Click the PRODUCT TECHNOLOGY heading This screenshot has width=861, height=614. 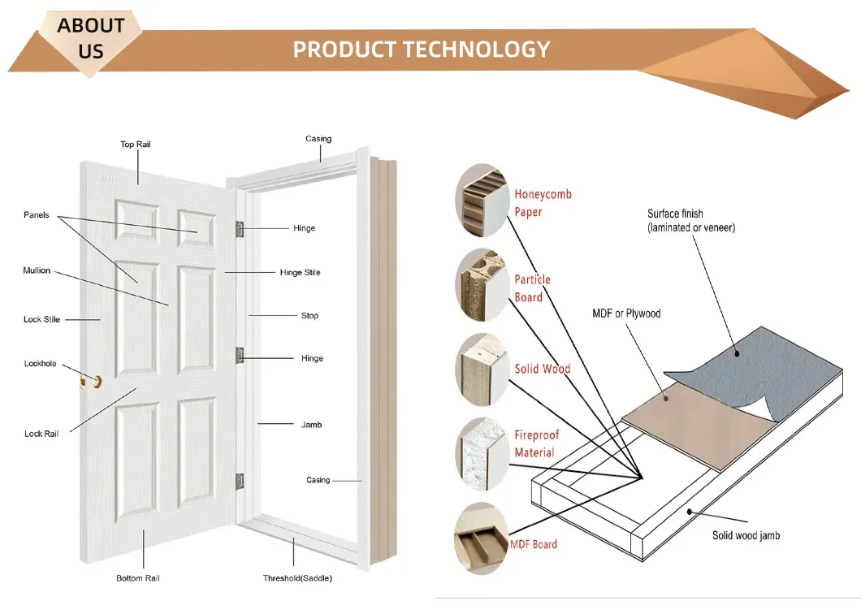coord(421,50)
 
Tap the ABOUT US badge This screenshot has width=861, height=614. coord(91,38)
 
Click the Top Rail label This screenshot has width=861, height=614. coord(136,145)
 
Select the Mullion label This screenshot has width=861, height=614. coord(37,270)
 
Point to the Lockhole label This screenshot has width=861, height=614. coord(40,364)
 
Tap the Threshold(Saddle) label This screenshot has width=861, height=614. coord(297,578)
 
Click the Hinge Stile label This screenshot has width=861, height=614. coord(300,272)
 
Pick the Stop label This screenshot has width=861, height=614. coord(309,315)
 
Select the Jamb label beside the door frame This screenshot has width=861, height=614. coord(311,425)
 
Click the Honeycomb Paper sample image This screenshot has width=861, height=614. coord(480,200)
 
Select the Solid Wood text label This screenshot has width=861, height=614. coord(542,369)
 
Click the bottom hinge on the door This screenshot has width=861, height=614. coord(240,481)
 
